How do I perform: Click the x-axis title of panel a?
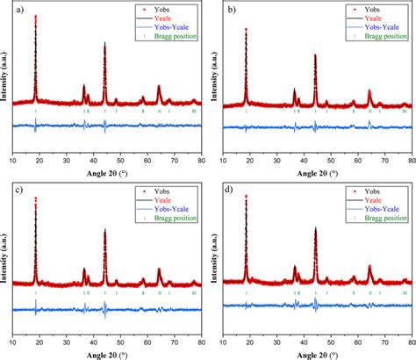tap(106, 173)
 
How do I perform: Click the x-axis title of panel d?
tap(318, 354)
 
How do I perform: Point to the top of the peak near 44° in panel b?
tap(315, 54)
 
